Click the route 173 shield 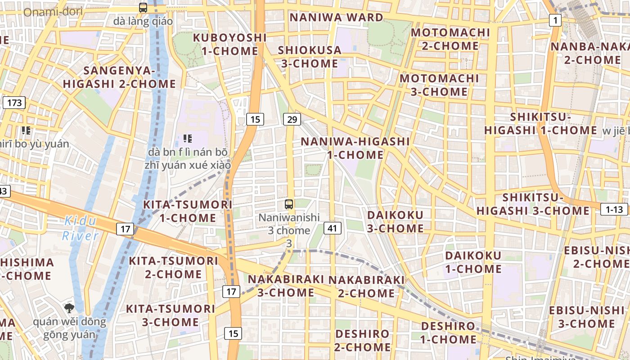(14, 103)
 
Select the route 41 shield (332, 228)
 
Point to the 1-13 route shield (614, 209)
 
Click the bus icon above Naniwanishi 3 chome (289, 204)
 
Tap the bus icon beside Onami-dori (143, 8)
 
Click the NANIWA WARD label (336, 18)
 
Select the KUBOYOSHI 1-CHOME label (229, 44)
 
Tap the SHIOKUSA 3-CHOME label (310, 57)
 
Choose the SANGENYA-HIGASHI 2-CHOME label (119, 77)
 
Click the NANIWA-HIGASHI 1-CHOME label (355, 148)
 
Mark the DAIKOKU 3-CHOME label (395, 221)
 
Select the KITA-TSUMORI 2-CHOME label (173, 267)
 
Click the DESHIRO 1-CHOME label (448, 333)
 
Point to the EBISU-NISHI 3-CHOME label (586, 317)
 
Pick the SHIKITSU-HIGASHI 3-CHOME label (533, 204)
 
